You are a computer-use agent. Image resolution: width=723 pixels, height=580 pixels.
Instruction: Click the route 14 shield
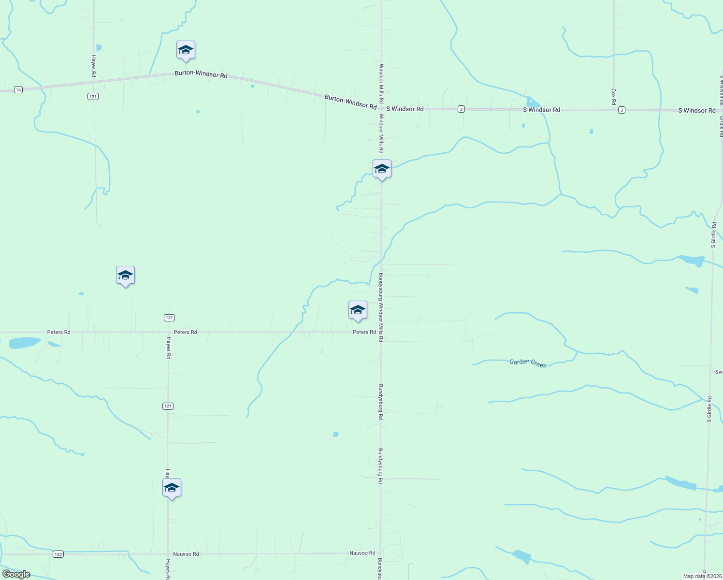coord(18,90)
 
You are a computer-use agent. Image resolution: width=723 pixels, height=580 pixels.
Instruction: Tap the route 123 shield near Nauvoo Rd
coord(58,554)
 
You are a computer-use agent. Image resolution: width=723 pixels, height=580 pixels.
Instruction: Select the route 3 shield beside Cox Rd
coord(622,110)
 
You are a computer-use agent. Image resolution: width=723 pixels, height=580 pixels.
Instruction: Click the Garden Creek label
coord(528,363)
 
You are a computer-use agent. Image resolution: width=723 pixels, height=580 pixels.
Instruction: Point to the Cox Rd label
coord(613,97)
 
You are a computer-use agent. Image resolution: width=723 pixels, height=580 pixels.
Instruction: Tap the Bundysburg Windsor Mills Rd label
coord(381,307)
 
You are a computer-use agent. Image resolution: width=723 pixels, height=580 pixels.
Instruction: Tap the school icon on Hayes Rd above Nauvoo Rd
coord(172,489)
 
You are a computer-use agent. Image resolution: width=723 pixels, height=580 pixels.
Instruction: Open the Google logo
coord(16,574)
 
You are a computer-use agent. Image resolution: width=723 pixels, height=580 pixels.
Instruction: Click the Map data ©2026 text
coord(702,576)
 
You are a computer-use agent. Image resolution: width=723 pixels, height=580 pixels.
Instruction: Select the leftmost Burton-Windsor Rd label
coord(201,74)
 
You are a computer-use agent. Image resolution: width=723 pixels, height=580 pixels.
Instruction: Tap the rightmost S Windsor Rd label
coord(696,111)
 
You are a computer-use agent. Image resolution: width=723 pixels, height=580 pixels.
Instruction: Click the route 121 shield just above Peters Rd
coord(169,318)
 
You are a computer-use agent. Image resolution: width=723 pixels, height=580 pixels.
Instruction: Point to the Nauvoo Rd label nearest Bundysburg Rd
coord(362,553)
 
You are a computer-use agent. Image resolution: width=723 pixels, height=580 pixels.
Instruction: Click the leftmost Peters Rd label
coord(58,332)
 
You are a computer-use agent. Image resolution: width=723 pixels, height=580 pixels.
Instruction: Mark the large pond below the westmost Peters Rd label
coord(24,343)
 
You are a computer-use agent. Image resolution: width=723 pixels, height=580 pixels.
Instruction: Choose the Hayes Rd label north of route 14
coord(93,66)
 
